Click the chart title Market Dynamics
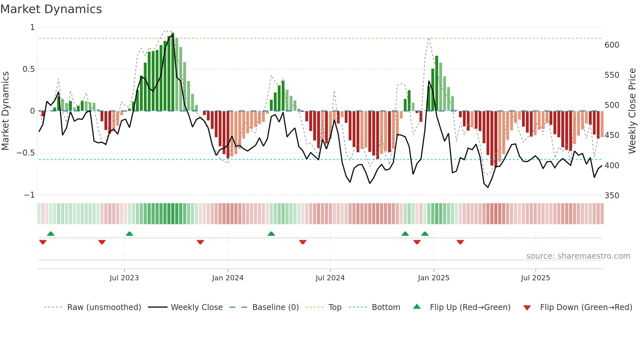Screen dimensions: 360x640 coord(51,9)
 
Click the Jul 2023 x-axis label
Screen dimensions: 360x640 coord(124,278)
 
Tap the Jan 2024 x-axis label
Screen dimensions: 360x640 coord(228,278)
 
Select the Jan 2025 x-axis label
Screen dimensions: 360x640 coord(434,278)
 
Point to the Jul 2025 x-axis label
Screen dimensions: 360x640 coord(536,278)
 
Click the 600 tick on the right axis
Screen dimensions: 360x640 coord(612,45)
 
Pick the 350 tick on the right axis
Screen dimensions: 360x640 coord(612,196)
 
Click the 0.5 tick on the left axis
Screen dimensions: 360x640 coord(28,69)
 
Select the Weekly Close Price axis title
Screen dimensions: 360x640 coord(632,111)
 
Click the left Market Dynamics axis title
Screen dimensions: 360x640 coord(5,111)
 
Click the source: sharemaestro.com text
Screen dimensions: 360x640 coord(578,256)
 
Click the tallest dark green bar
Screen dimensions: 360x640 coord(173,72)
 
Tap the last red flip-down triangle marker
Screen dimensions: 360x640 coord(460,242)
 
